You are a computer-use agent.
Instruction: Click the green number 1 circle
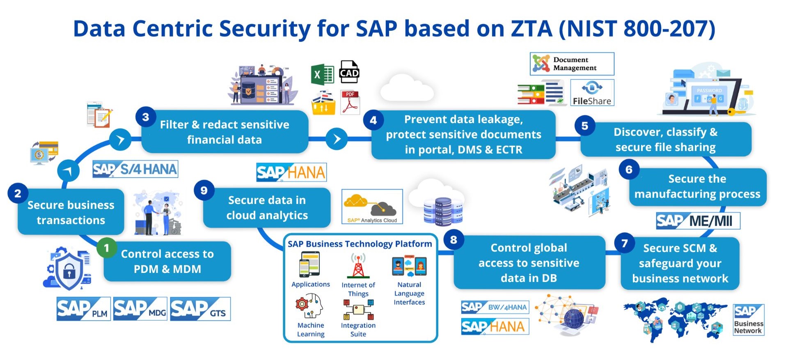coord(107,248)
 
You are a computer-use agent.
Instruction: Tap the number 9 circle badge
coord(204,190)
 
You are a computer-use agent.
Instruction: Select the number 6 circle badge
coord(629,169)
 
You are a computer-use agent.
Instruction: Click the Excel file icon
coord(322,75)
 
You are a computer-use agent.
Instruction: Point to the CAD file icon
coord(349,72)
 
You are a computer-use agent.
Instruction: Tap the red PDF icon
coord(350,102)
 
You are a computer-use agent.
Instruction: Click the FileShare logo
coord(592,93)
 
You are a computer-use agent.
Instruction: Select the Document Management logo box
coord(572,64)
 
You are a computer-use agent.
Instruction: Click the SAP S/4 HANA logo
coord(135,169)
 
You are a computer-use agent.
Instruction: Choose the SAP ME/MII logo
coord(698,221)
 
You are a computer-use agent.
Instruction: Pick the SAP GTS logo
coord(200,309)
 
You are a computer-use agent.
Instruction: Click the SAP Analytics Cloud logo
coord(372,206)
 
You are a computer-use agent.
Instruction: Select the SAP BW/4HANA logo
coord(495,307)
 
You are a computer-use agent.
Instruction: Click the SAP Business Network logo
coord(749,320)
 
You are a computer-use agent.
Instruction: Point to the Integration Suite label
coord(358,330)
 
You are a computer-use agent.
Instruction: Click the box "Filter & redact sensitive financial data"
coord(224,132)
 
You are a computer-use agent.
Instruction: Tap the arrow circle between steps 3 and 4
coord(337,139)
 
